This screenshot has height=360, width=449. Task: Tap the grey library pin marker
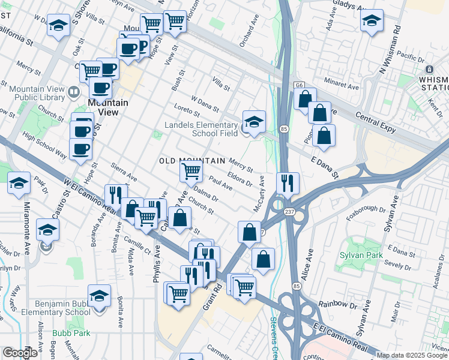click(x=74, y=92)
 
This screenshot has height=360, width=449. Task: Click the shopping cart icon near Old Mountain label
click(x=191, y=171)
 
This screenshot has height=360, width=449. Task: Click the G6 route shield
click(x=298, y=86)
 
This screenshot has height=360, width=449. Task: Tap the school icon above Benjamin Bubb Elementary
click(x=100, y=296)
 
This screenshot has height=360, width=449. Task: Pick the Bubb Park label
click(x=71, y=332)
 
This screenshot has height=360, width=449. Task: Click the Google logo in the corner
click(x=20, y=353)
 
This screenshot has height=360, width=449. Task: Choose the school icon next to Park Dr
click(x=19, y=183)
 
